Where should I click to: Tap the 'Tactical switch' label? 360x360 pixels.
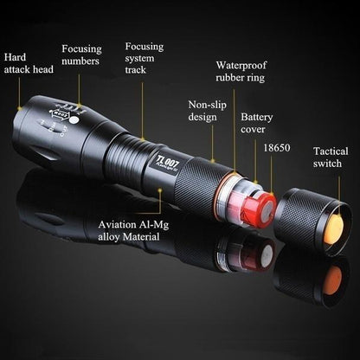(331, 157)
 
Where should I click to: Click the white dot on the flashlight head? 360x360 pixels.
(74, 124)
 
